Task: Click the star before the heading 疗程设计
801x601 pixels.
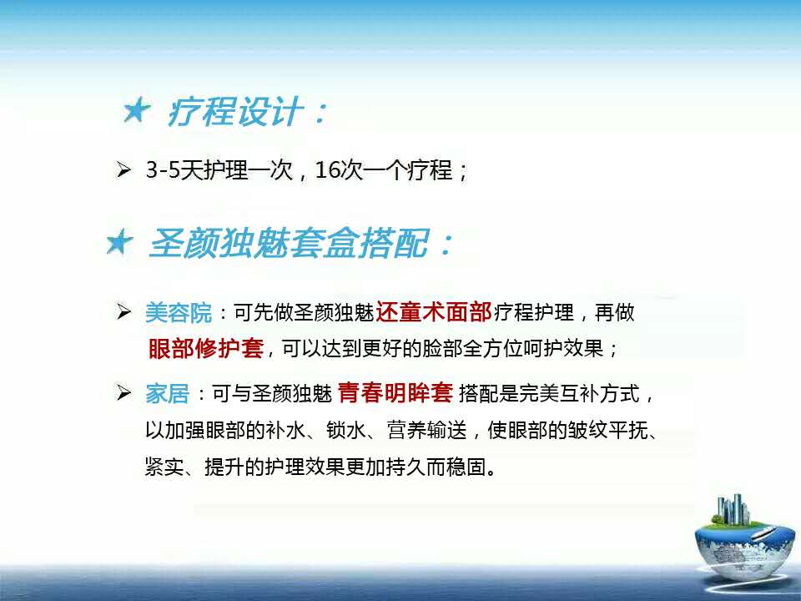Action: pyautogui.click(x=136, y=110)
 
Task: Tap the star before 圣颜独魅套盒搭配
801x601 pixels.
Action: pyautogui.click(x=119, y=242)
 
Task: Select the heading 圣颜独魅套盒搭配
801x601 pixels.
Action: pyautogui.click(x=289, y=243)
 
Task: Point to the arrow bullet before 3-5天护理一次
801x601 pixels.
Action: pyautogui.click(x=123, y=169)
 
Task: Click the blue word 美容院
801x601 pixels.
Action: pyautogui.click(x=179, y=313)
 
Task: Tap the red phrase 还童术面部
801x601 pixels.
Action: pyautogui.click(x=434, y=311)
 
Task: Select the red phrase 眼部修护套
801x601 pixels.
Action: pyautogui.click(x=206, y=349)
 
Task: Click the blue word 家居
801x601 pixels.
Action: pyautogui.click(x=167, y=393)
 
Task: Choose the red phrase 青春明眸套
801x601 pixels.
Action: pyautogui.click(x=395, y=392)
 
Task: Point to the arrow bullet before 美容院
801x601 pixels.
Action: pyautogui.click(x=123, y=311)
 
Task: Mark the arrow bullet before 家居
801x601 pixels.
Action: pyautogui.click(x=123, y=392)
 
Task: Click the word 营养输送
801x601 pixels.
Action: pyautogui.click(x=427, y=430)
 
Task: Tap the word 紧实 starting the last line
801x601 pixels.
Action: pyautogui.click(x=164, y=467)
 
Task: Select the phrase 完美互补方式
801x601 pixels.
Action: pyautogui.click(x=579, y=393)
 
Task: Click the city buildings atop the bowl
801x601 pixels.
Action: pyautogui.click(x=733, y=509)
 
